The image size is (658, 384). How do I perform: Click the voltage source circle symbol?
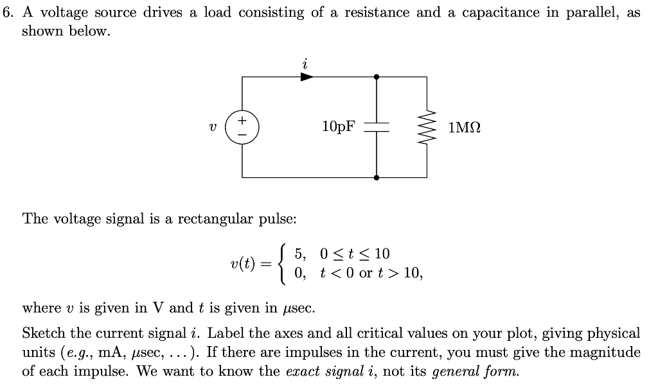click(x=242, y=127)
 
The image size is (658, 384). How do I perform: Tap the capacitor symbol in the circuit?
click(x=377, y=127)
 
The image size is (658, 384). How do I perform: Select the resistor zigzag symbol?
click(x=427, y=127)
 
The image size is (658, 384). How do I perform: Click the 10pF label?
click(x=338, y=127)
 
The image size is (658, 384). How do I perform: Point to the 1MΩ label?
click(x=465, y=127)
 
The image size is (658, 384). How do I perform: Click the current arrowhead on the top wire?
click(x=307, y=77)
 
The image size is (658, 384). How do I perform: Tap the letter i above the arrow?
click(x=305, y=63)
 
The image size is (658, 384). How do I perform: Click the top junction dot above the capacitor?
click(x=377, y=77)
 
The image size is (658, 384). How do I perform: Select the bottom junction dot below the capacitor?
click(x=377, y=177)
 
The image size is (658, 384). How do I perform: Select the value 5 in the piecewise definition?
click(x=298, y=254)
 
